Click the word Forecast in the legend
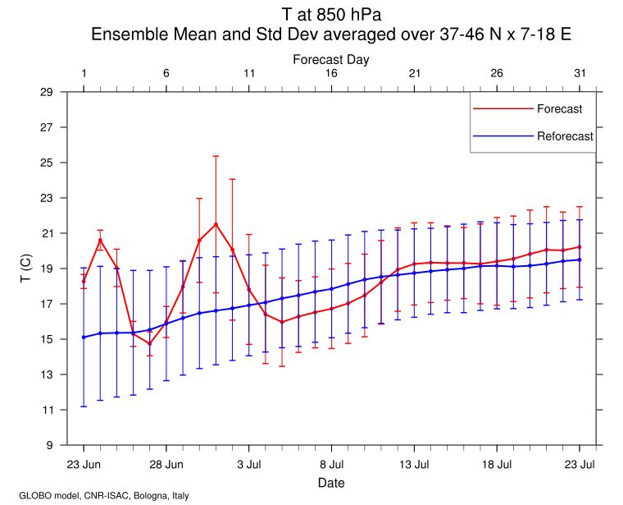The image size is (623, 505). tap(560, 109)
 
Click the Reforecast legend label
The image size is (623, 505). tap(565, 136)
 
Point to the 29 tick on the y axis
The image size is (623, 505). tap(47, 92)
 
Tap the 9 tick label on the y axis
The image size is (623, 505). tap(50, 445)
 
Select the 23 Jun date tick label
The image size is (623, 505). tap(84, 465)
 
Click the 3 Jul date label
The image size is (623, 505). tap(249, 465)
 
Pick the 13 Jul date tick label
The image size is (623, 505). tap(414, 465)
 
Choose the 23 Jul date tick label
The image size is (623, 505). tap(580, 465)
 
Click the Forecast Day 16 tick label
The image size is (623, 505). tap(331, 73)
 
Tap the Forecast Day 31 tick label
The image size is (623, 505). tap(580, 73)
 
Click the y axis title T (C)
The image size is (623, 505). tap(25, 269)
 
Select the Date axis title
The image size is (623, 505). tap(331, 483)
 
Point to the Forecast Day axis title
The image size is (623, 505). tap(331, 59)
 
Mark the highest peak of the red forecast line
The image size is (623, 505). tap(216, 224)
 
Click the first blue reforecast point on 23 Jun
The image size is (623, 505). tap(84, 337)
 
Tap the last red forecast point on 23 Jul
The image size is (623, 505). tap(580, 246)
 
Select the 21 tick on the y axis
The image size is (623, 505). tap(47, 233)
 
